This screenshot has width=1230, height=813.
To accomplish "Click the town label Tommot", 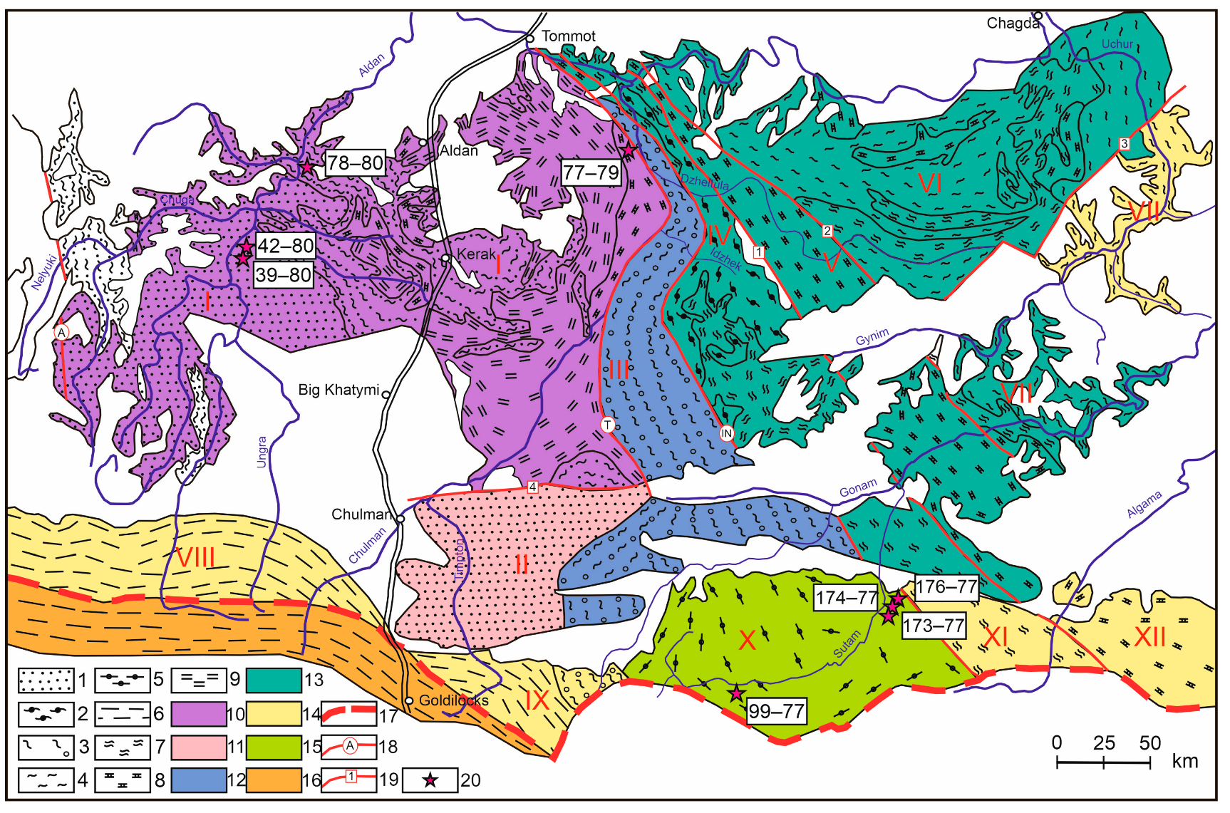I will click(x=568, y=36).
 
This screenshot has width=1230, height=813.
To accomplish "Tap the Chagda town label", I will click(x=1011, y=24).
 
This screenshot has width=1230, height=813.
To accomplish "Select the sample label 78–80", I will click(x=355, y=163).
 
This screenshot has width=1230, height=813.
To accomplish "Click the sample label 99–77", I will click(x=776, y=710).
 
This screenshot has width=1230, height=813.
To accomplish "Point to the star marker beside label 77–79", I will click(x=629, y=151).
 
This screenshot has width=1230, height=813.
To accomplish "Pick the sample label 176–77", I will click(x=946, y=587).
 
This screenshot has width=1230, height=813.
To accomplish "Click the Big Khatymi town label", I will click(x=338, y=390).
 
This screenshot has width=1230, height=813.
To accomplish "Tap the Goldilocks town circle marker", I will click(x=409, y=701).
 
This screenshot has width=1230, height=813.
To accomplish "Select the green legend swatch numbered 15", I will click(x=273, y=747).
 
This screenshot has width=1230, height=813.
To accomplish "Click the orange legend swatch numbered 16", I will click(x=273, y=780).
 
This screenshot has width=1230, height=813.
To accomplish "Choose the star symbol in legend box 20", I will click(x=430, y=780).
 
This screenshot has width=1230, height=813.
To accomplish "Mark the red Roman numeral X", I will click(x=747, y=640).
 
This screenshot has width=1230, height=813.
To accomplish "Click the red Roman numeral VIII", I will click(x=195, y=557).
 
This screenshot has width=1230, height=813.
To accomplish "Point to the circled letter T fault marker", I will click(x=607, y=425).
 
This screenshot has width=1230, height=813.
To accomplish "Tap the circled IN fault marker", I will click(x=726, y=433).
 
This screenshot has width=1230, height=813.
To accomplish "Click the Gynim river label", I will click(x=872, y=336).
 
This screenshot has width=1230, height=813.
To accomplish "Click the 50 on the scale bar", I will click(x=1149, y=743).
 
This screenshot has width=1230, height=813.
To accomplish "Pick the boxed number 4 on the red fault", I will click(x=532, y=487).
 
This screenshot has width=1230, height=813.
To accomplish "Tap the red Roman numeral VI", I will click(x=930, y=184).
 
